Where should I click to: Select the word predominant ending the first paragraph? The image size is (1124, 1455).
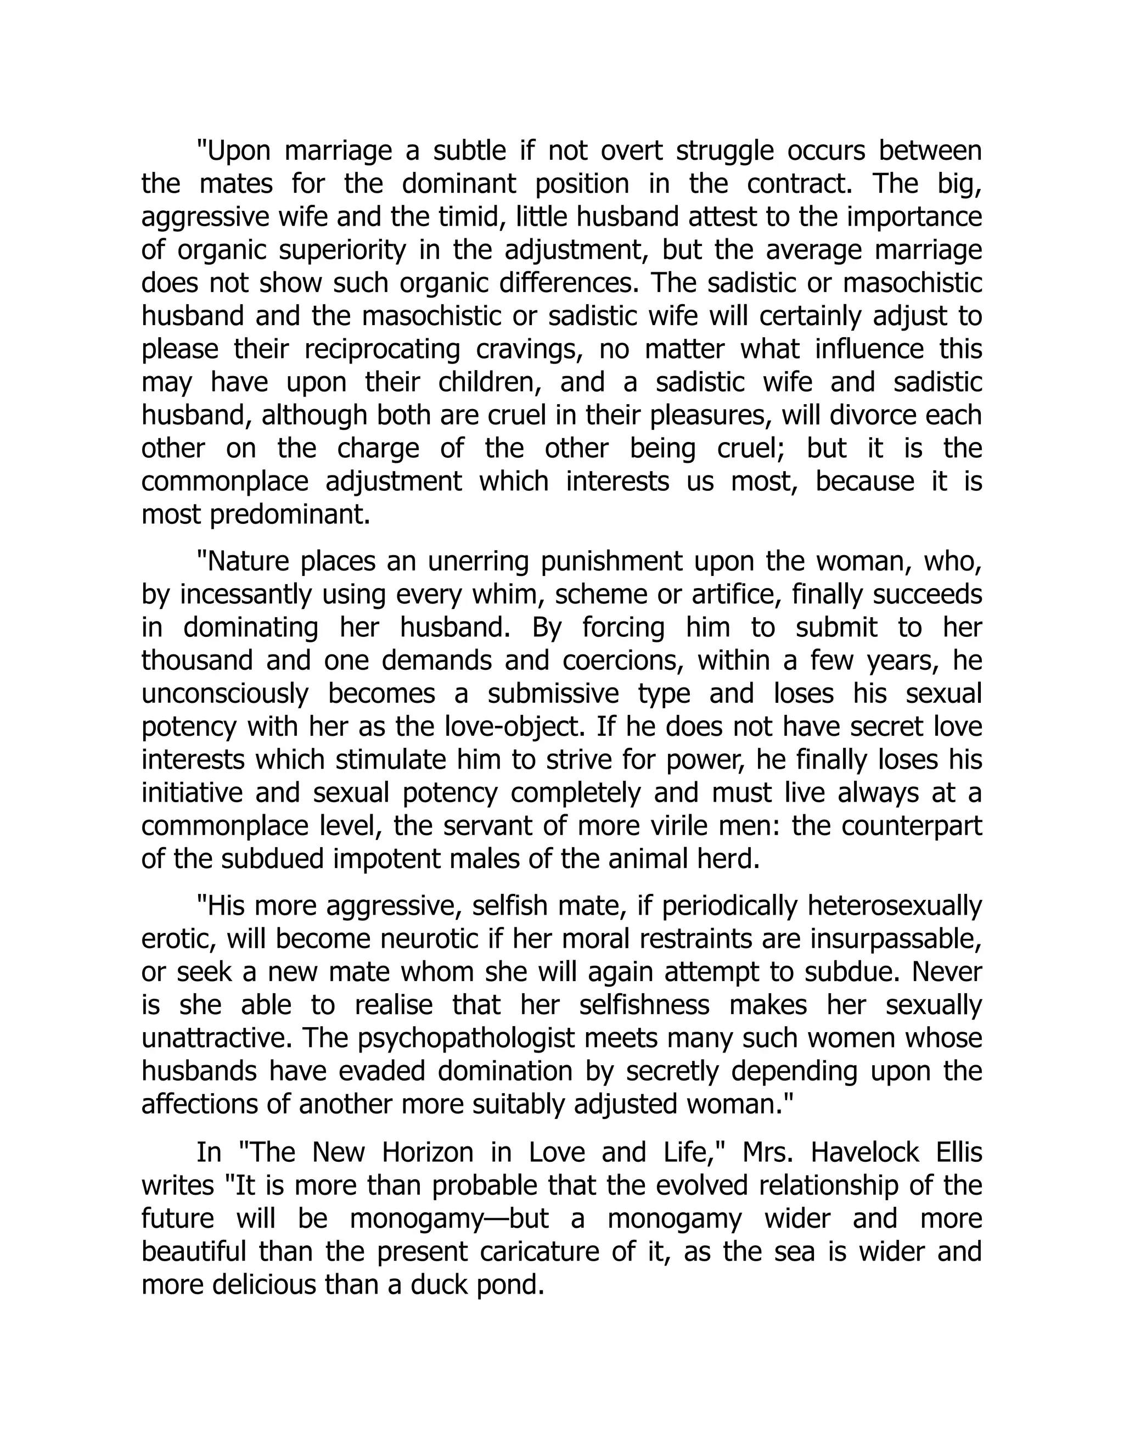[289, 515]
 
